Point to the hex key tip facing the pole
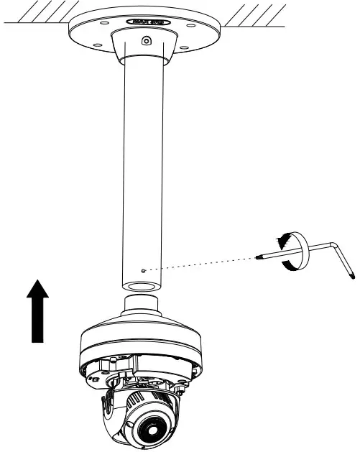(257, 257)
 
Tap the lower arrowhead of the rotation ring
(287, 266)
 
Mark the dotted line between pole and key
(201, 264)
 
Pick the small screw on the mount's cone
(146, 42)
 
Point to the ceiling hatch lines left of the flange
(36, 14)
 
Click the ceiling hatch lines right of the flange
(255, 14)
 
